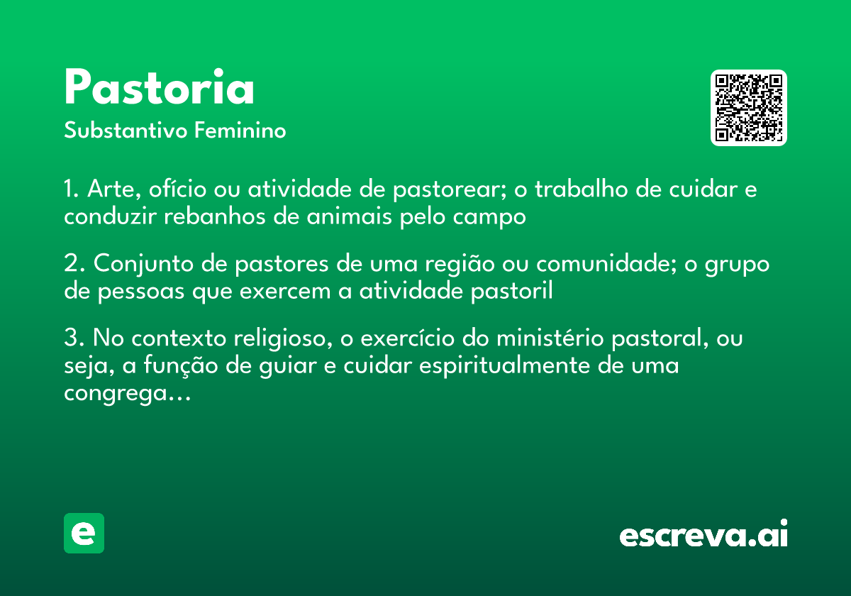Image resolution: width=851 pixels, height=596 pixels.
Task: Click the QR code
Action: [749, 108]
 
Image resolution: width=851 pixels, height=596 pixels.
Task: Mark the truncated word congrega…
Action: [128, 394]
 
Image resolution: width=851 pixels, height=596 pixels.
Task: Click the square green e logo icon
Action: [84, 534]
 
